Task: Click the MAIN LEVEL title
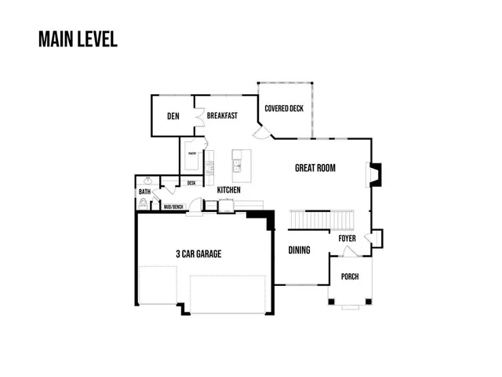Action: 78,39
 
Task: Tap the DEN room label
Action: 173,117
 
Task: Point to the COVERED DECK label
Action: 283,108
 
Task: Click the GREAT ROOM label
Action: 315,167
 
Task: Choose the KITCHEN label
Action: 228,190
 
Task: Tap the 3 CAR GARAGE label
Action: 198,254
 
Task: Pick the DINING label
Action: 299,251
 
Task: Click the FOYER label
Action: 347,238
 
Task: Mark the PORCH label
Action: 350,276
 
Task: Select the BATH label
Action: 145,192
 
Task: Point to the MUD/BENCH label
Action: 173,207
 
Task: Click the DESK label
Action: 191,183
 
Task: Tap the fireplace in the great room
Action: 375,174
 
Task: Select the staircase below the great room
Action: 322,219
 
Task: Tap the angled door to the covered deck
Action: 265,130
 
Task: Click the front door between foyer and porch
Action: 350,251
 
